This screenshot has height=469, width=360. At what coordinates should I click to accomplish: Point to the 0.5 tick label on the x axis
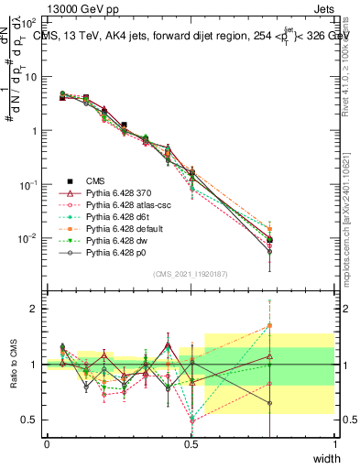[191, 444]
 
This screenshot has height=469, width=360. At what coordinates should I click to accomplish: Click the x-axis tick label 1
[334, 444]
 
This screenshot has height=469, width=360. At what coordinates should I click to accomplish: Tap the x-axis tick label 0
[47, 444]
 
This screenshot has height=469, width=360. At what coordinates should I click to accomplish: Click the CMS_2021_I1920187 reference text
[191, 273]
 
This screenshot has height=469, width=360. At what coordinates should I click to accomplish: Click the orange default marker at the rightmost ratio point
[269, 325]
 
